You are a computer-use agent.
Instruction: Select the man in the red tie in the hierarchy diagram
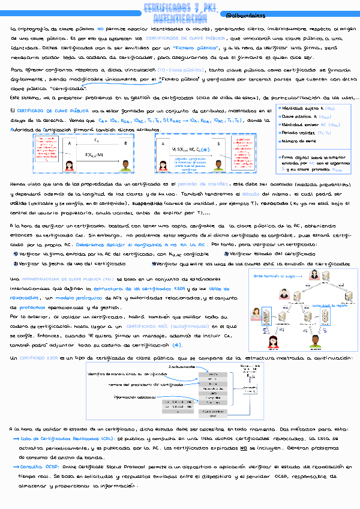tap(282, 294)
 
